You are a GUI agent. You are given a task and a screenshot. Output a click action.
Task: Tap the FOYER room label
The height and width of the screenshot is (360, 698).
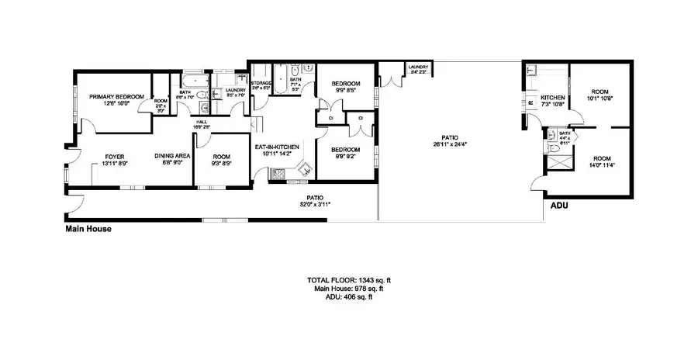tap(115, 156)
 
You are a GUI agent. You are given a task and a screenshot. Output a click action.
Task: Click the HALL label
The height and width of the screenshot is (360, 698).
tap(201, 122)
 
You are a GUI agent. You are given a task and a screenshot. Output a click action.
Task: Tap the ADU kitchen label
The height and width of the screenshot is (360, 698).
tap(554, 97)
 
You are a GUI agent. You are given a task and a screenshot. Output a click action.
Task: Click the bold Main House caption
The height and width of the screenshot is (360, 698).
tap(88, 229)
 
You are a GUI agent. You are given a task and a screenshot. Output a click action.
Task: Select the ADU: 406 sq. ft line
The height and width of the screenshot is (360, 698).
tap(348, 296)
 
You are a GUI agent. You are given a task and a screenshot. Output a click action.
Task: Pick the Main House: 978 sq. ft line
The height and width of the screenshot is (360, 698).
tap(348, 288)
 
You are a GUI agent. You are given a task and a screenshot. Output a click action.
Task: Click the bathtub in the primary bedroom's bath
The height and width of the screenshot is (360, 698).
tap(193, 81)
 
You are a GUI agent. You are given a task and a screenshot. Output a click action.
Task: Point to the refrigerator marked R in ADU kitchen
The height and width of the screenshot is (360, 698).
tap(532, 102)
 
